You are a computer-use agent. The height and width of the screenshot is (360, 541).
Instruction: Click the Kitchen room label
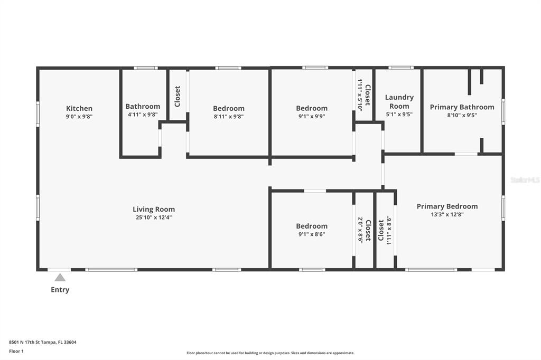coord(79,108)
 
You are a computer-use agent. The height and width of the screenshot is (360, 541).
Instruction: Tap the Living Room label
coord(154,210)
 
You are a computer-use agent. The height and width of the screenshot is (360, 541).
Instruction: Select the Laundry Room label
coord(399,102)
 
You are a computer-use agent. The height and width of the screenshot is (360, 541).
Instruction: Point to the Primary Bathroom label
coord(462,107)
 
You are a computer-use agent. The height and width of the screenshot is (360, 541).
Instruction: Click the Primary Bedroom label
coord(447,206)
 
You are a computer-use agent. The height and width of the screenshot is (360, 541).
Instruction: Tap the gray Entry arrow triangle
coord(60,278)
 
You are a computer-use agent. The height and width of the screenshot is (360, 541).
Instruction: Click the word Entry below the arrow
coord(60,290)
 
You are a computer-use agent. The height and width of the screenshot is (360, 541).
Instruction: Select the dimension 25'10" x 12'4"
coord(154,217)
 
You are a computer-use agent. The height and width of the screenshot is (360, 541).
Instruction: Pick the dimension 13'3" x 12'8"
coord(447,214)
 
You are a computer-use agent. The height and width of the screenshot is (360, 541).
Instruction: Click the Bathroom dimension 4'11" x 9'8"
coord(143,115)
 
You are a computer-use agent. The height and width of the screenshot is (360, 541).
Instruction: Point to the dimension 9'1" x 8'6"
coord(312,234)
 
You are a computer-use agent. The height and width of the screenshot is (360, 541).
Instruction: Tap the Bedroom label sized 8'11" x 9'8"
coord(229,108)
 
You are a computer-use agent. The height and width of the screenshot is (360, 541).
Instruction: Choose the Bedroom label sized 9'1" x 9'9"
coord(312,108)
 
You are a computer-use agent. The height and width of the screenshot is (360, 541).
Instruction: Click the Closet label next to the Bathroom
coord(178,96)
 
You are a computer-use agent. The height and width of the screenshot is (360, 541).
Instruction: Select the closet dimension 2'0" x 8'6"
coord(360,230)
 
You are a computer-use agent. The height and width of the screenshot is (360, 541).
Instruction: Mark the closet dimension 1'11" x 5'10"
coord(360,95)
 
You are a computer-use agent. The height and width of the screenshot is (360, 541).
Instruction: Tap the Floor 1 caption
coord(16,352)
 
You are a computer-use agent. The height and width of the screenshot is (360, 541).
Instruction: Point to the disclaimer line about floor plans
coord(270,353)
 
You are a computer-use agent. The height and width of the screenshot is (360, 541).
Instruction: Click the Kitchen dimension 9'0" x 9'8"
coord(79,117)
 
